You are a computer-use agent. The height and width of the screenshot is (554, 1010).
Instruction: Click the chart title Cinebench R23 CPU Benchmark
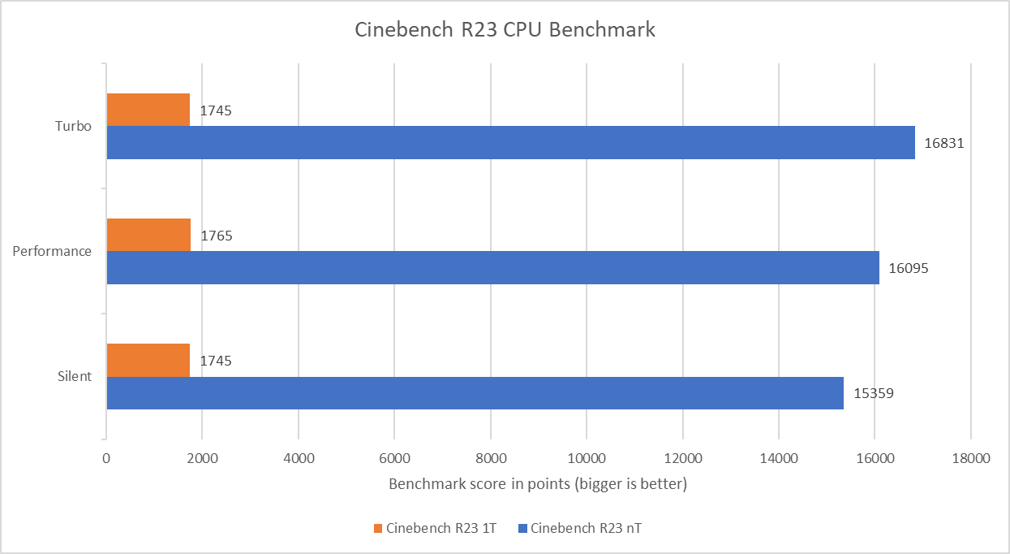click(505, 31)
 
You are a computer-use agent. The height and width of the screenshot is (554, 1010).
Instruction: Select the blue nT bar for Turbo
click(510, 142)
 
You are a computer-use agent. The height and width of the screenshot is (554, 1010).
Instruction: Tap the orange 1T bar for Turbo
click(148, 110)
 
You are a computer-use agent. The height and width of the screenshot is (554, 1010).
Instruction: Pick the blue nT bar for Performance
click(492, 267)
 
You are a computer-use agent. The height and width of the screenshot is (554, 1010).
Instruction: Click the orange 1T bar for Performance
click(148, 235)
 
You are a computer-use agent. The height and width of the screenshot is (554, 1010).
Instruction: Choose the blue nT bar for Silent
click(475, 392)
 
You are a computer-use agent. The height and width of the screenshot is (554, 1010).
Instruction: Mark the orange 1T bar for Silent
click(148, 360)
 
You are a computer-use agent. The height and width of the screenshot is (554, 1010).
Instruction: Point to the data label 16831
click(943, 143)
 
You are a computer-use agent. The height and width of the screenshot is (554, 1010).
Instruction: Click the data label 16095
click(908, 268)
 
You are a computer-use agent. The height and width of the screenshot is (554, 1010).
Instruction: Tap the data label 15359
click(872, 393)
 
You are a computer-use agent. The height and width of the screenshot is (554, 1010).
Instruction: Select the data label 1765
click(217, 236)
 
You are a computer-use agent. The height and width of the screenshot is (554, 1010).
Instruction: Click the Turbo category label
click(73, 127)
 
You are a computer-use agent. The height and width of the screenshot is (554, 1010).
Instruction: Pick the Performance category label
click(52, 252)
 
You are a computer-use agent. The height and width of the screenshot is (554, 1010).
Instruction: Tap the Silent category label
click(74, 377)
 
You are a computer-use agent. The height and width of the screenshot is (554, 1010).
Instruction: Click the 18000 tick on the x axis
click(970, 458)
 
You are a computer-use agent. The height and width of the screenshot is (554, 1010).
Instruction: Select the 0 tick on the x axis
click(106, 458)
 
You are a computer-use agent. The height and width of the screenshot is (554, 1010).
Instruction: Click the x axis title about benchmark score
click(538, 484)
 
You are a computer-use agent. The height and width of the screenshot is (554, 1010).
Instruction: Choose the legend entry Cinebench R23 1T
click(434, 529)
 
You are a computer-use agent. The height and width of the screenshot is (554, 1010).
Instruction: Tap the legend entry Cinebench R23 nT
click(584, 529)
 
